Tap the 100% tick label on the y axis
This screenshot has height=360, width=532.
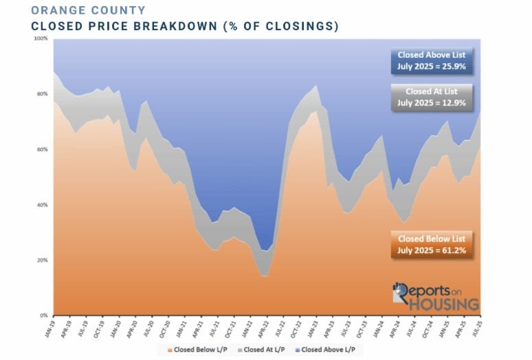point(41,38)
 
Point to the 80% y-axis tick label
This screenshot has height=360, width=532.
point(42,94)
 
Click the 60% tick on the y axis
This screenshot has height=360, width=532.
point(42,150)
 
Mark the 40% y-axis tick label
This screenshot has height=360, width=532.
point(42,205)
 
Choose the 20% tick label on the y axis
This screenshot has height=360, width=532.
point(42,260)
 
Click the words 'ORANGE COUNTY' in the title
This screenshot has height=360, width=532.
point(89,10)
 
